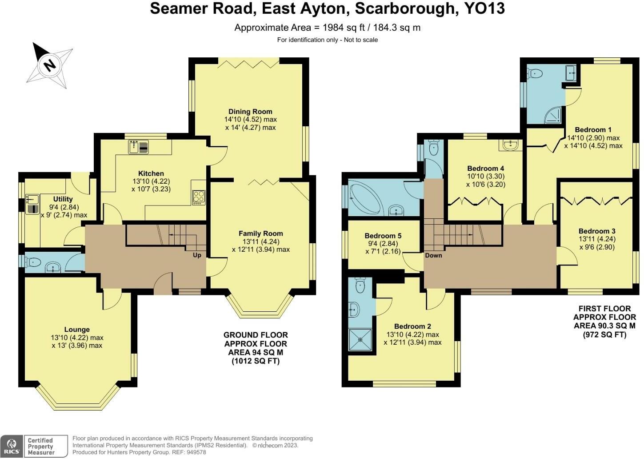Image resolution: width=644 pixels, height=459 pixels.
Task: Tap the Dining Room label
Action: click(x=250, y=112)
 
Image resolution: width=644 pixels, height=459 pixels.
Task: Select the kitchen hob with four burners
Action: click(x=199, y=197)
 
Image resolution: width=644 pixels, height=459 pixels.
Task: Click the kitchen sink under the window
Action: click(x=139, y=146)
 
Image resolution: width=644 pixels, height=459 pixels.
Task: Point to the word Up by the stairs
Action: click(x=197, y=255)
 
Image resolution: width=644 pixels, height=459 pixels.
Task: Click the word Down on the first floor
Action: click(x=433, y=255)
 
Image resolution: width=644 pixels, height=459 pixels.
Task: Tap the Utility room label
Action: click(x=63, y=199)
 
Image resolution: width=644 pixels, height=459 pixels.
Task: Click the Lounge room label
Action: click(x=77, y=330)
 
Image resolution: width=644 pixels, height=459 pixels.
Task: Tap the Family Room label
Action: click(x=260, y=234)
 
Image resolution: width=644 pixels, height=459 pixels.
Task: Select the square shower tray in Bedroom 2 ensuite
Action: click(x=360, y=339)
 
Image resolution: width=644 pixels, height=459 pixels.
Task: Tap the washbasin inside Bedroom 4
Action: click(x=511, y=145)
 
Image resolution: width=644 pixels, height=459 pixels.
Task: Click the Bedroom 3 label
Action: click(x=596, y=231)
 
